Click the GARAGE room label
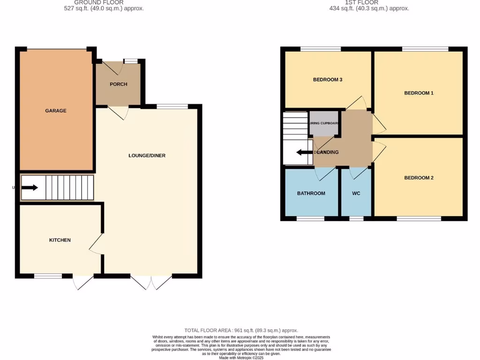(x=56, y=111)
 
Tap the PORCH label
(x=119, y=84)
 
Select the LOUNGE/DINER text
(x=147, y=156)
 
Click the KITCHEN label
(x=60, y=240)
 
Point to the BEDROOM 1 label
(x=419, y=93)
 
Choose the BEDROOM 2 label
(x=419, y=178)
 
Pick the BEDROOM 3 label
(x=328, y=80)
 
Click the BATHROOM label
(x=311, y=193)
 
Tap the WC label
(x=356, y=193)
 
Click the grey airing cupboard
(x=324, y=123)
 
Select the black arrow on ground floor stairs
(x=29, y=188)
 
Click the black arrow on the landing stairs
(x=305, y=152)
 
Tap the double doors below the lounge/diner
(x=151, y=282)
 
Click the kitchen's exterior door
(x=83, y=282)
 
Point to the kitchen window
(x=48, y=276)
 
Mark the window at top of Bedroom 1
(x=425, y=49)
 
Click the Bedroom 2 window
(x=419, y=218)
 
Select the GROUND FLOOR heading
(x=104, y=3)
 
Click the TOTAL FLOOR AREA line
(x=241, y=330)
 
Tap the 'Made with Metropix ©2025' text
(x=241, y=358)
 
